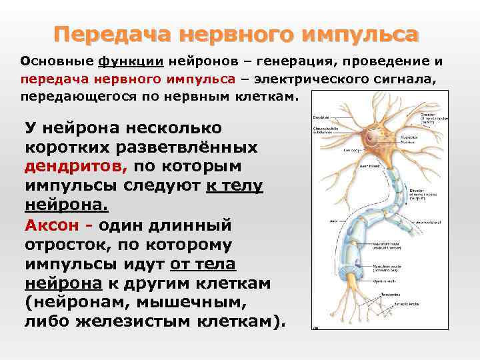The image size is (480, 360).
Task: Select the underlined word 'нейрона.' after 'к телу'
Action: click(66, 203)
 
